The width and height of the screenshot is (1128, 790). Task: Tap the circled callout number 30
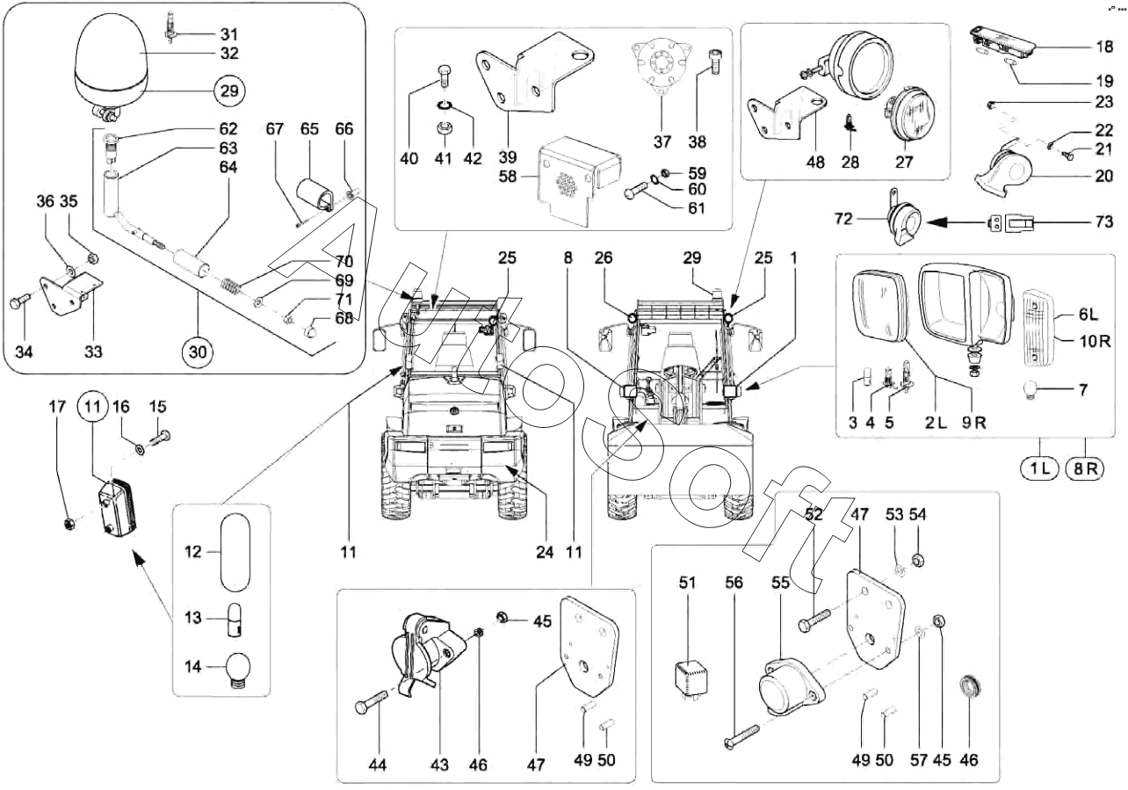[198, 352]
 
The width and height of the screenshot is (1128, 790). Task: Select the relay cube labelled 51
[691, 678]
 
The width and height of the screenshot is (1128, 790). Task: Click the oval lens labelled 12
[235, 552]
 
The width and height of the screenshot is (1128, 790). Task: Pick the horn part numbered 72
[904, 218]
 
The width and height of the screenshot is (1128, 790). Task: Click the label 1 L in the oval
[1039, 468]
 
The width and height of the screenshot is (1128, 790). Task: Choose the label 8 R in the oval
[1085, 468]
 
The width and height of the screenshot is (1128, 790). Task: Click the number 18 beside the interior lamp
[1104, 47]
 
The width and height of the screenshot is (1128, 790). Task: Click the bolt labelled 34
[20, 302]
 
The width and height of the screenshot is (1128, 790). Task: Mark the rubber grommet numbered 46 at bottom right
[969, 687]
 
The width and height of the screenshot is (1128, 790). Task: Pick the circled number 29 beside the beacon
[229, 91]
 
